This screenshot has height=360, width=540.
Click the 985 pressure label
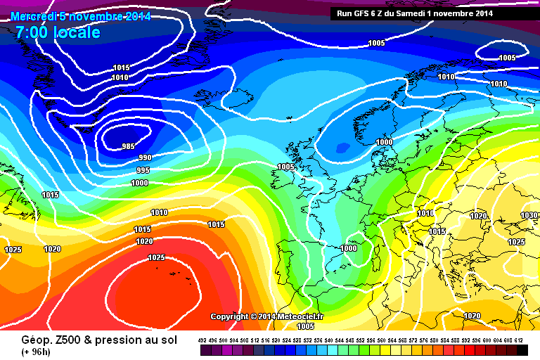127,146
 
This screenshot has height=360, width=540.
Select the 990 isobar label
145,157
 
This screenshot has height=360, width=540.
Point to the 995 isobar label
143,170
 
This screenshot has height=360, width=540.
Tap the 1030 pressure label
529,215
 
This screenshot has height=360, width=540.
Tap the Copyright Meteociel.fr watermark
266,316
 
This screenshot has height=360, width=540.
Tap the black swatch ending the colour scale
521,349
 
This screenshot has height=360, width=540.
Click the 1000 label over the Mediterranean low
348,248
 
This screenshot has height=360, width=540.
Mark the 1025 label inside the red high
156,257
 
